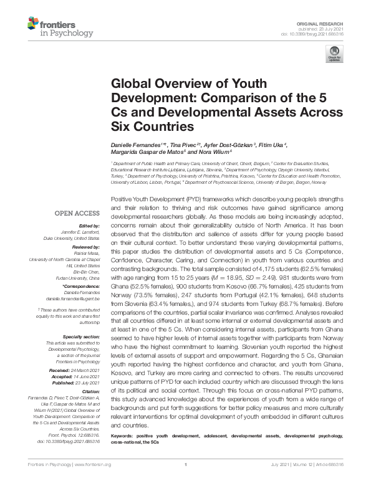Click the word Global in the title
pos(129,84)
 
